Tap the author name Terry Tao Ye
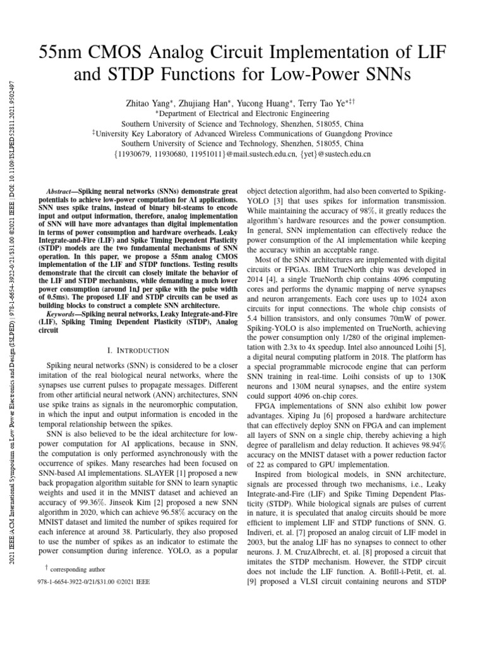click(320, 103)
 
